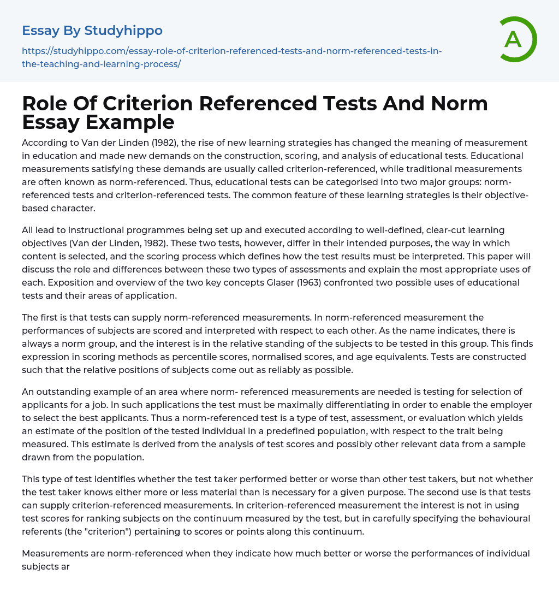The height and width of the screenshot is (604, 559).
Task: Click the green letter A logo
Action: [x=515, y=39]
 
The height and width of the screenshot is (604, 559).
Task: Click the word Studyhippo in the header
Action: [x=123, y=31]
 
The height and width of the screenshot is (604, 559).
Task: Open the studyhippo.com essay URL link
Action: [x=231, y=57]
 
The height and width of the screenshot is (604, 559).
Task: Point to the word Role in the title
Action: [x=46, y=103]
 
